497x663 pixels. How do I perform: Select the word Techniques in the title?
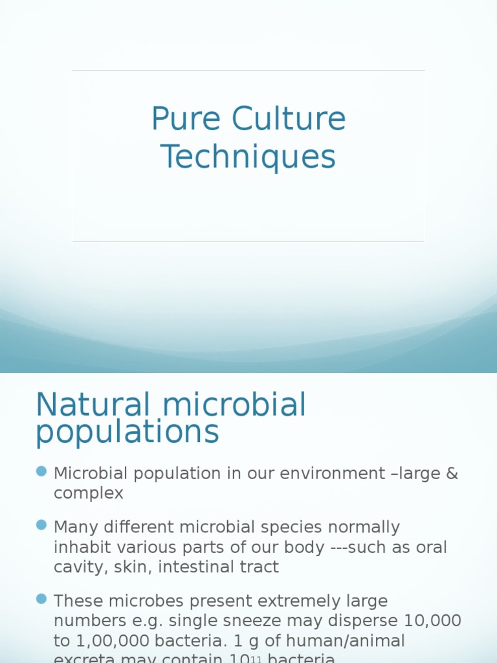click(x=248, y=157)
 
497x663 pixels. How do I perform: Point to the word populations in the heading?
click(x=127, y=433)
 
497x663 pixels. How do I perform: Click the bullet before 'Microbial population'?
click(x=42, y=471)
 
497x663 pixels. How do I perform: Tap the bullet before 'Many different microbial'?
click(x=42, y=524)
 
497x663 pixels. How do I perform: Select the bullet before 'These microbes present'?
click(x=42, y=599)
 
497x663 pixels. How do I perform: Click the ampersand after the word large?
click(x=452, y=473)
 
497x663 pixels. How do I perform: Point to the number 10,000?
click(x=432, y=621)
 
